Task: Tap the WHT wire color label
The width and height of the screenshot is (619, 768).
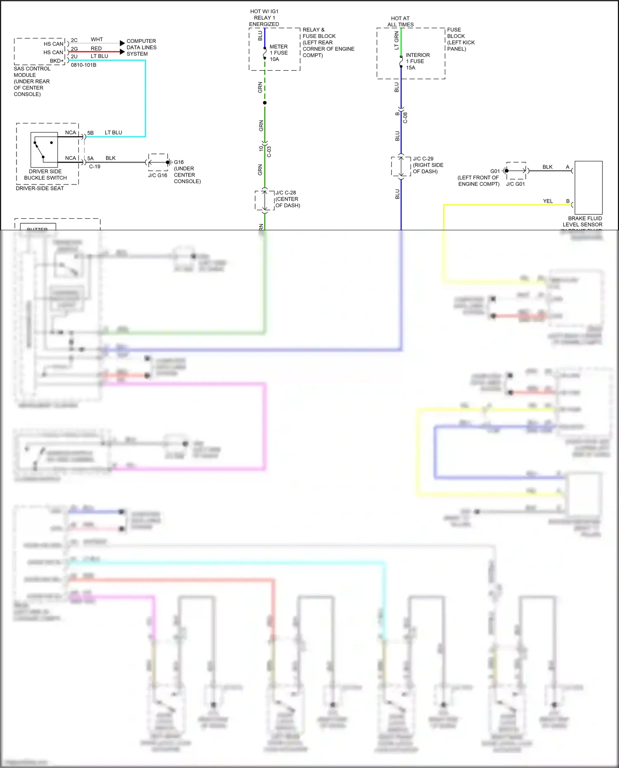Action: coord(97,40)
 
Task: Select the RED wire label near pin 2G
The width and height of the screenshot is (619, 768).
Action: coord(96,49)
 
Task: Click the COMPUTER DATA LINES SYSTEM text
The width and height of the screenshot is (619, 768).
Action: coord(141,47)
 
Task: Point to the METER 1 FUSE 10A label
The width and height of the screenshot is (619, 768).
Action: coord(278,53)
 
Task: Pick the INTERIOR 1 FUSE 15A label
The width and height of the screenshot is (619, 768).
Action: coord(417,61)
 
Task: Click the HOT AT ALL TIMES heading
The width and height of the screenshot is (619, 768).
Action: coord(400,21)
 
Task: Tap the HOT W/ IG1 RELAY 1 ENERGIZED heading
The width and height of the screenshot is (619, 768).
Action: coord(264,18)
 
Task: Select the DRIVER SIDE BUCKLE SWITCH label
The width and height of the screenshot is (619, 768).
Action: coord(45,175)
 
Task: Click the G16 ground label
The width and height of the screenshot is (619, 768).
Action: coord(179,162)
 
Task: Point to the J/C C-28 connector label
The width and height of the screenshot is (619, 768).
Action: coord(286,193)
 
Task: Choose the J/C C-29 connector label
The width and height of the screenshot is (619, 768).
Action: coord(423,158)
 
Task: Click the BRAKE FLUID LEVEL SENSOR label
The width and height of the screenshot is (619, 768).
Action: coord(584,221)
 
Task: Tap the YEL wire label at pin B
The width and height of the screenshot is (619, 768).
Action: coord(548,201)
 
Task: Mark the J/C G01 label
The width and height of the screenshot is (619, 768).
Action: coord(515,184)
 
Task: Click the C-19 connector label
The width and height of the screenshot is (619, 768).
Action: coord(95,167)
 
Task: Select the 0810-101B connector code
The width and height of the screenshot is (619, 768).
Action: coord(83,65)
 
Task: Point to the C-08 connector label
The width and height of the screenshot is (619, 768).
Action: coord(405,118)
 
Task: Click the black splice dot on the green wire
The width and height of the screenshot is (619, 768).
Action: coord(265,103)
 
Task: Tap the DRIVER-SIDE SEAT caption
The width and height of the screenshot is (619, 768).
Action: coord(40,189)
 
